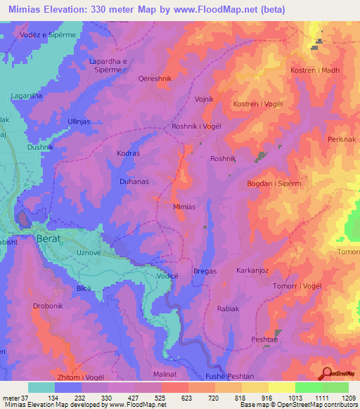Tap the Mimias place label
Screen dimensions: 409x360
pyautogui.click(x=184, y=207)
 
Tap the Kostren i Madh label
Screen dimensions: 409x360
pyautogui.click(x=314, y=71)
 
